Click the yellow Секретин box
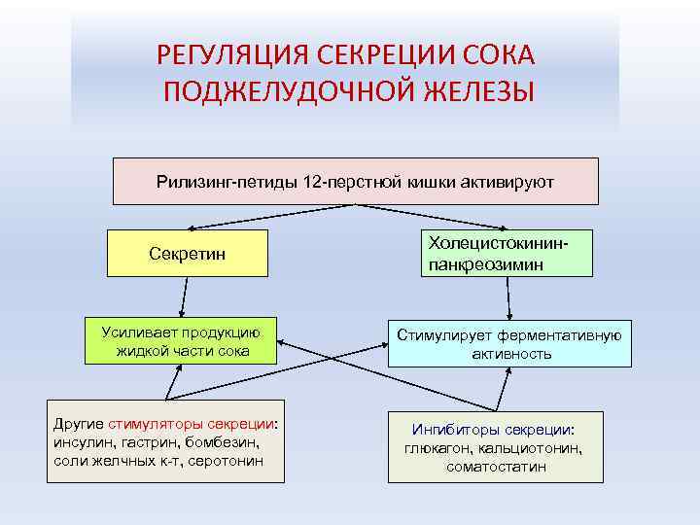coord(187,253)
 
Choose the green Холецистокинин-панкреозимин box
coord(506,253)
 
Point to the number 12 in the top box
coord(315,182)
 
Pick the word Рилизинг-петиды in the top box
coord(215,182)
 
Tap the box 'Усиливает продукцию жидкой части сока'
coord(182,340)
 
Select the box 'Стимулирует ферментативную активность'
coord(509,344)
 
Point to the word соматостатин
coord(496,467)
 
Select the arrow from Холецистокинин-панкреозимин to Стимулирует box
coord(505,298)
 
